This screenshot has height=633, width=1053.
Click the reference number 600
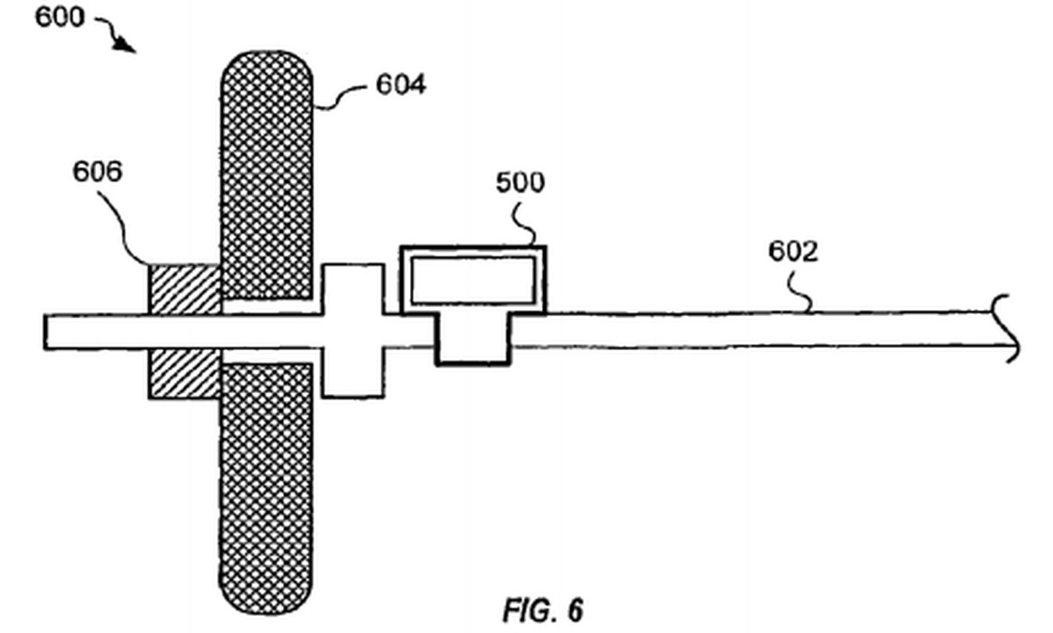pos(59,16)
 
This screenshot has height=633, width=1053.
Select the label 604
pos(401,85)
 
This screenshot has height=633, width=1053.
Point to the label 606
pos(97,172)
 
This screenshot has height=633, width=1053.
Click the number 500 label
pos(520,182)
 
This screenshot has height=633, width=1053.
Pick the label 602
pos(793,251)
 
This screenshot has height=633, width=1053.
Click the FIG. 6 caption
pos(543,611)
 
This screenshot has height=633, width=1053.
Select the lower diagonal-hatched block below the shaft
pos(185,373)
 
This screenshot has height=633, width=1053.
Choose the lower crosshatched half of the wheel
pos(267,487)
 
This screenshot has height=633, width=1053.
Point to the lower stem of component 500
pos(473,338)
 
